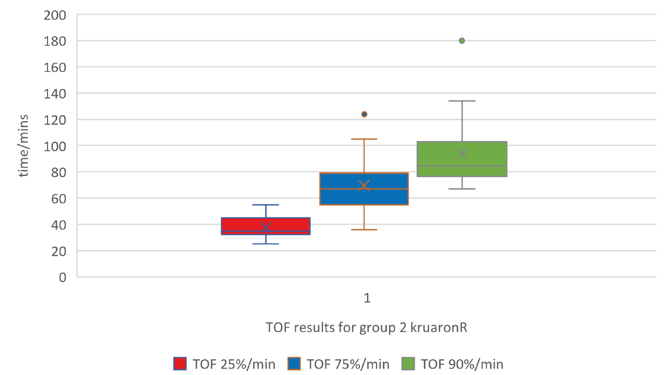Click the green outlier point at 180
[462, 41]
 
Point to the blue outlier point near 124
[364, 114]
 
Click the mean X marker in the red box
[265, 227]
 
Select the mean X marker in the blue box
[364, 186]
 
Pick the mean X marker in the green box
[462, 154]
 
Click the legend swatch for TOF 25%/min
[180, 364]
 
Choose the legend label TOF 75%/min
[348, 364]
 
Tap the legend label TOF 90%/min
[462, 364]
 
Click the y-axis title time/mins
[24, 146]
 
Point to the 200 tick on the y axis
[55, 15]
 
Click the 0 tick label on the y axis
[62, 277]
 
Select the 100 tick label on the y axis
[55, 146]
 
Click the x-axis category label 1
[367, 298]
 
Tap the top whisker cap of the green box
[462, 101]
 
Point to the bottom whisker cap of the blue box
[364, 229]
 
